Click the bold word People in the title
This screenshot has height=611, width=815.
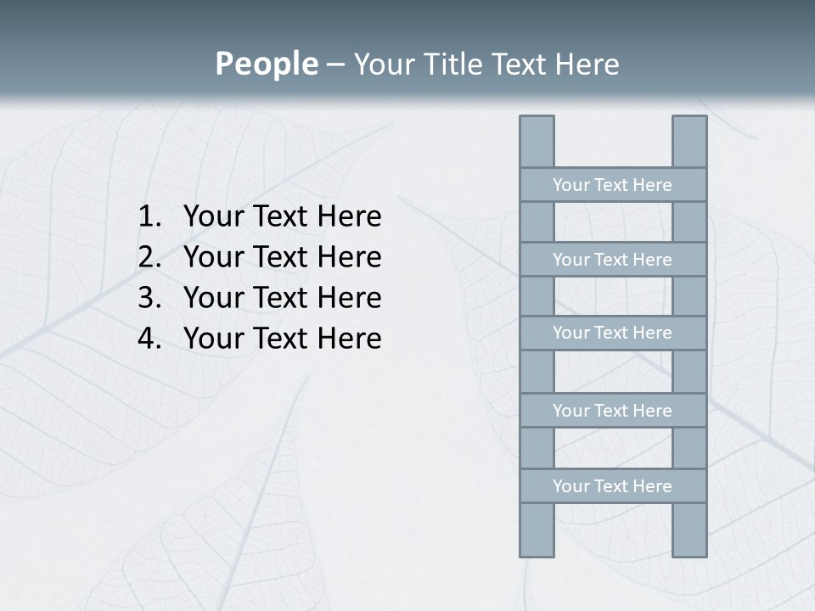(266, 64)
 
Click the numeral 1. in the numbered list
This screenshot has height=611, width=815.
(149, 217)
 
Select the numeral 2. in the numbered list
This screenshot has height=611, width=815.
(149, 257)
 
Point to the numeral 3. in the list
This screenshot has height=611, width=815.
(149, 298)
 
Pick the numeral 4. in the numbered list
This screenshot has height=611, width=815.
(149, 339)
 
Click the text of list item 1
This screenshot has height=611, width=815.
(282, 217)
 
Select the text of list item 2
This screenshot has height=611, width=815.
(282, 257)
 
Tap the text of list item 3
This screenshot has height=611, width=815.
(282, 298)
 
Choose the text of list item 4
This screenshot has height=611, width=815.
(282, 339)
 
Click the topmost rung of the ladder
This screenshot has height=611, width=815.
(612, 185)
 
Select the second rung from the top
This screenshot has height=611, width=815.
(612, 260)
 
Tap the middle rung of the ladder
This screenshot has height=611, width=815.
(612, 333)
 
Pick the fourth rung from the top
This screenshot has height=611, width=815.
(612, 411)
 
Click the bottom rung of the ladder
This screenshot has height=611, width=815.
(612, 486)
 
